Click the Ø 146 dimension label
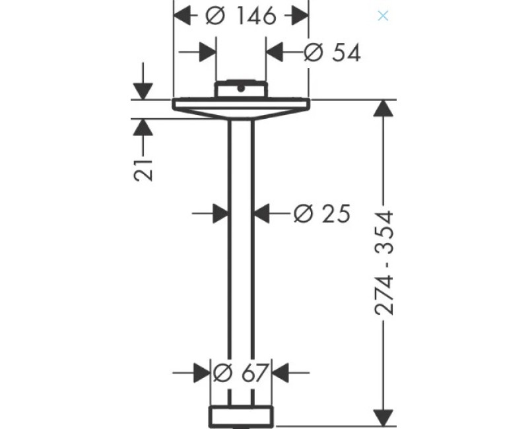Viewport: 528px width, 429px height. (x=241, y=16)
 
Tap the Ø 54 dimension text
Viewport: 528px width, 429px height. (x=332, y=53)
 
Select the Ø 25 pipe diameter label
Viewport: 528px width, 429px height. (x=322, y=213)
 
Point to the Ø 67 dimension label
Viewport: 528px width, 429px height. (x=241, y=373)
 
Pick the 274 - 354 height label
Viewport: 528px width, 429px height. (x=383, y=263)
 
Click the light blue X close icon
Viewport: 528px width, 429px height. (x=383, y=15)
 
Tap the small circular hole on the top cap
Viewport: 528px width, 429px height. (x=241, y=89)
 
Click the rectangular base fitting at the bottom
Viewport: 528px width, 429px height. (x=241, y=417)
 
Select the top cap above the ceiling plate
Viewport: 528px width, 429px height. (x=241, y=89)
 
